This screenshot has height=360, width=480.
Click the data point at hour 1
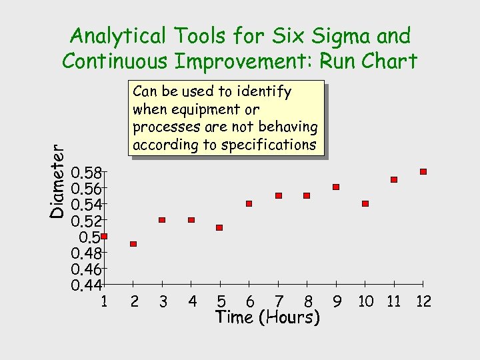[104, 236]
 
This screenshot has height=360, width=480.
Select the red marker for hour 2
[133, 244]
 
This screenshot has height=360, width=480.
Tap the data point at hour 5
[219, 227]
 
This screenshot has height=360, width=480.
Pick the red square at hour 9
[336, 187]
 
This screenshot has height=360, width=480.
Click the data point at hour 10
[365, 203]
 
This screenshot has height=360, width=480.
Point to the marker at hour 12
[423, 171]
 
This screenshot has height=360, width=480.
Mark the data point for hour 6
[249, 203]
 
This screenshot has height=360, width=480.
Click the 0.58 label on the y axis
[86, 174]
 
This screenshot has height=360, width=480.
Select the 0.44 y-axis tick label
[86, 286]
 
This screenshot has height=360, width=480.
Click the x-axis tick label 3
[163, 302]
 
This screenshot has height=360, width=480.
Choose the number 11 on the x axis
[394, 302]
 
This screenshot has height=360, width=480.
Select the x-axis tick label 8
[308, 302]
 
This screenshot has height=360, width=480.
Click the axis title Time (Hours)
[267, 317]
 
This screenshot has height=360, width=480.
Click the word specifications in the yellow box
[270, 145]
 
